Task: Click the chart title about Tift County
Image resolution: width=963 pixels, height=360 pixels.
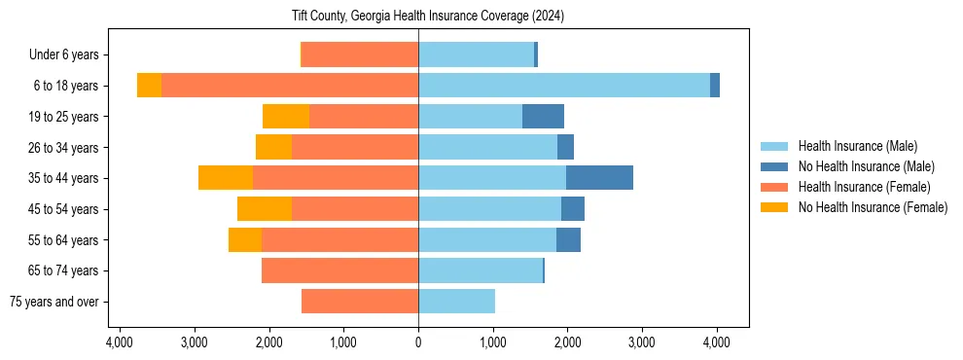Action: (x=428, y=17)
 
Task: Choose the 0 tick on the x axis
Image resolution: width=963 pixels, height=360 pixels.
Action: (x=418, y=342)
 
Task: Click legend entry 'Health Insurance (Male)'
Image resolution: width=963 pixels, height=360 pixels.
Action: (x=857, y=146)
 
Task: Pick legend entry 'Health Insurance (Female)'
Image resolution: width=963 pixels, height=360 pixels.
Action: (x=864, y=187)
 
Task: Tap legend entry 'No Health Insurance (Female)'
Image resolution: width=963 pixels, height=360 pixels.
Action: (x=873, y=207)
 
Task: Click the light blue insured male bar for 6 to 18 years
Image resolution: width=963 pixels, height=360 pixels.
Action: (x=564, y=86)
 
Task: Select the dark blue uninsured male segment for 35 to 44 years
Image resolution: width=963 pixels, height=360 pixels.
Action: (x=599, y=178)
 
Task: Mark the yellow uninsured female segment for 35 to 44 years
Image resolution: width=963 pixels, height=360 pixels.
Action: (x=226, y=178)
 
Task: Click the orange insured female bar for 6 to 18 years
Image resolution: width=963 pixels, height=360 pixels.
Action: (x=290, y=86)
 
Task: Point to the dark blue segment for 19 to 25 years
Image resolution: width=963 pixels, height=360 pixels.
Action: (x=543, y=117)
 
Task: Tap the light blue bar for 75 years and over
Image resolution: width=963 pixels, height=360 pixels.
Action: (x=456, y=302)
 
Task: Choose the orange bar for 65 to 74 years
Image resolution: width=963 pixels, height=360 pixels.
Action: (x=339, y=270)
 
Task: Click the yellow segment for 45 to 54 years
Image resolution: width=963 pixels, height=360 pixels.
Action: (x=265, y=209)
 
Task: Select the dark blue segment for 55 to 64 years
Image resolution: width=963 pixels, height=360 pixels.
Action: (x=568, y=239)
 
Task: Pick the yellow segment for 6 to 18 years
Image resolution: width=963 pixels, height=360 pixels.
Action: (x=149, y=86)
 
